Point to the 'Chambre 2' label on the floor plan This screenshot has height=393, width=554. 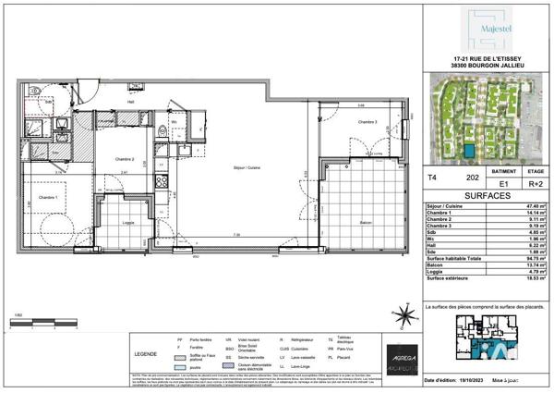[126, 159]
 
